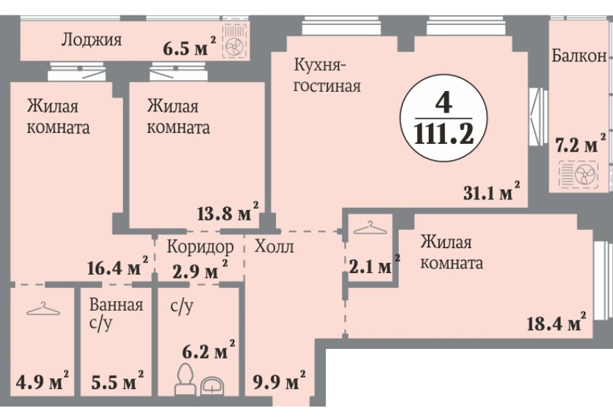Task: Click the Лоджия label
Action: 91,40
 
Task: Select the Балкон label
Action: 579,57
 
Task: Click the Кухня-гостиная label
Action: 326,76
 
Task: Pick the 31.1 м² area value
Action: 492,193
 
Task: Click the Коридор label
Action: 199,247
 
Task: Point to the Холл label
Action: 274,247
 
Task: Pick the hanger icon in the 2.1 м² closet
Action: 368,227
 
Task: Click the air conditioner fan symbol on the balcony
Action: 578,174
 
